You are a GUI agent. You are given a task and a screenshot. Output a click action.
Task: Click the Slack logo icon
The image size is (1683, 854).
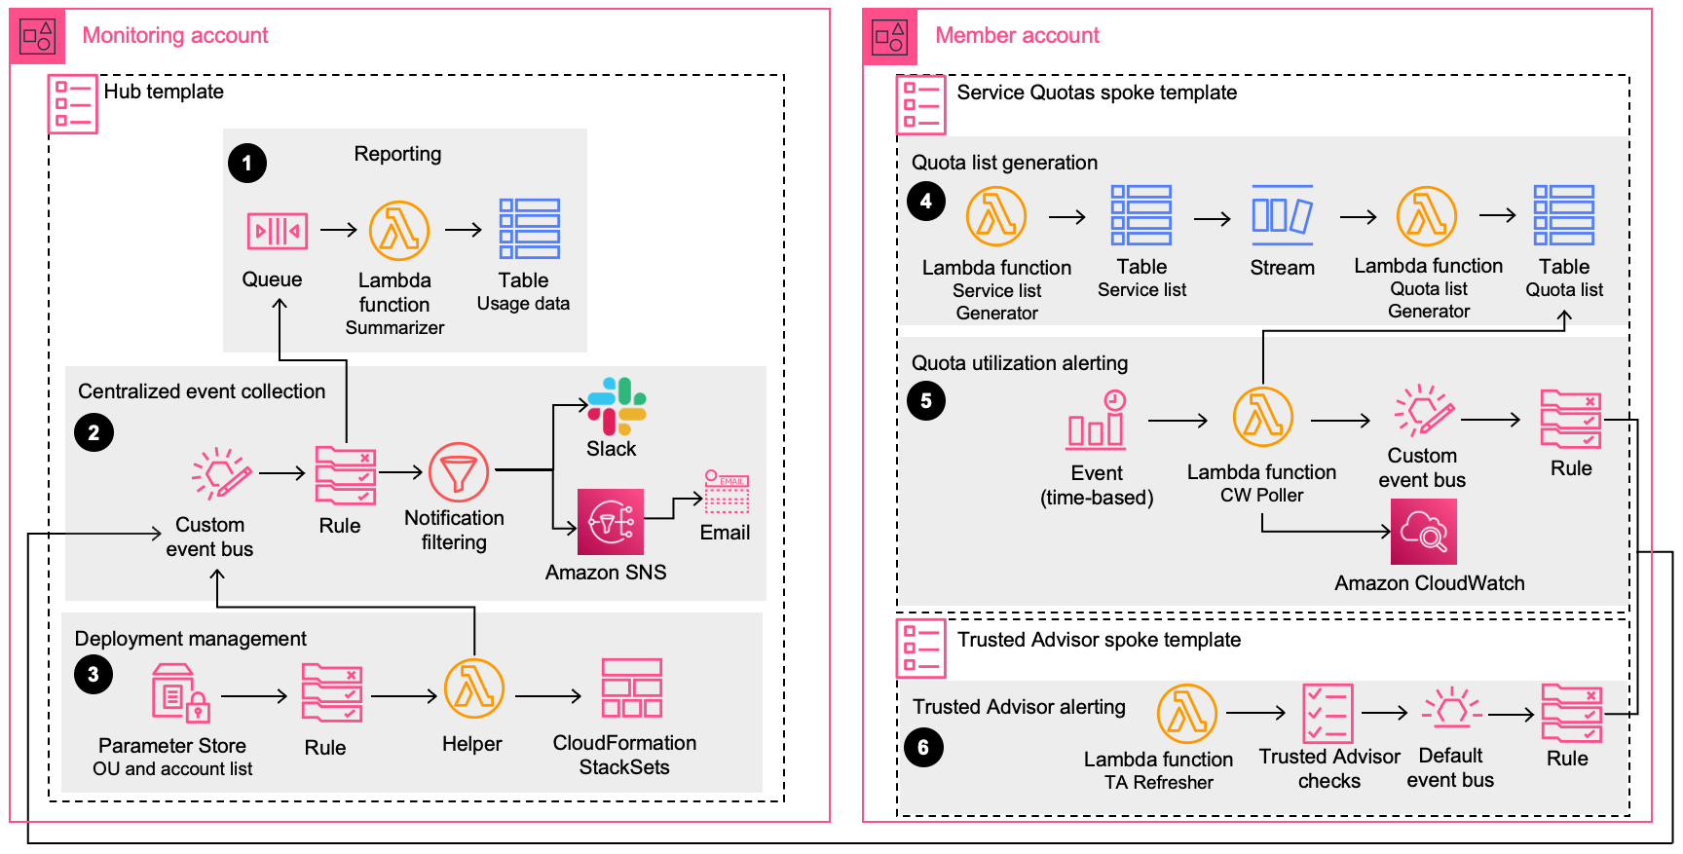pyautogui.click(x=617, y=405)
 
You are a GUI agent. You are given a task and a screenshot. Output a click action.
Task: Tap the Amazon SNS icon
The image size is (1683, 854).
pyautogui.click(x=611, y=522)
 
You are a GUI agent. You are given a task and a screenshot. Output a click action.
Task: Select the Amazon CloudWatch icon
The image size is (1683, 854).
pyautogui.click(x=1423, y=532)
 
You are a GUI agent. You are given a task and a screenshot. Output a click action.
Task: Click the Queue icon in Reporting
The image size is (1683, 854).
pyautogui.click(x=278, y=232)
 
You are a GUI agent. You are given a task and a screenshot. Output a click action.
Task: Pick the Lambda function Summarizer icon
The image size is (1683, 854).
pyautogui.click(x=399, y=231)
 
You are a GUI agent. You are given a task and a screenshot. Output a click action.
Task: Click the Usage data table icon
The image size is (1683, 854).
pyautogui.click(x=530, y=229)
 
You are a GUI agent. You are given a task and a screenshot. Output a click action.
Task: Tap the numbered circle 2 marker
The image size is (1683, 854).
pyautogui.click(x=93, y=432)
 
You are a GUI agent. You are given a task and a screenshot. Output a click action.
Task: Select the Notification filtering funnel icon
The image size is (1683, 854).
pyautogui.click(x=459, y=473)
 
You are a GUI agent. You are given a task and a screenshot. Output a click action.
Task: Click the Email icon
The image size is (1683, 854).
pyautogui.click(x=727, y=492)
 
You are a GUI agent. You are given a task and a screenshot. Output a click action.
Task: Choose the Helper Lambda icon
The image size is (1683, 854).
pyautogui.click(x=474, y=689)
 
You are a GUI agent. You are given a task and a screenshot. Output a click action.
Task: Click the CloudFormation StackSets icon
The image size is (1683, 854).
pyautogui.click(x=631, y=688)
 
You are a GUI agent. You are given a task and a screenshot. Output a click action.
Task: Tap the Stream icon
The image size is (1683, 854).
pyautogui.click(x=1282, y=215)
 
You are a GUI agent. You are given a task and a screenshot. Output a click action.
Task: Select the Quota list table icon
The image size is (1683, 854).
pyautogui.click(x=1563, y=215)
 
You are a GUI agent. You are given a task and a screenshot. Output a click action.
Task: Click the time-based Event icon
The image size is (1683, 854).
pyautogui.click(x=1098, y=421)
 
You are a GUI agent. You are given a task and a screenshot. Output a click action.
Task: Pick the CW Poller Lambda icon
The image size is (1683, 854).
pyautogui.click(x=1262, y=417)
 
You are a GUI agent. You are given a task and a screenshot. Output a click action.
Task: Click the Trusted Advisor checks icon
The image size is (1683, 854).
pyautogui.click(x=1328, y=714)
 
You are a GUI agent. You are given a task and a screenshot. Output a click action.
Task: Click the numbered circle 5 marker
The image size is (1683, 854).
pyautogui.click(x=925, y=400)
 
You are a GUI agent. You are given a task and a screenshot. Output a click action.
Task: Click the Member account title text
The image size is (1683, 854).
pyautogui.click(x=1017, y=36)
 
